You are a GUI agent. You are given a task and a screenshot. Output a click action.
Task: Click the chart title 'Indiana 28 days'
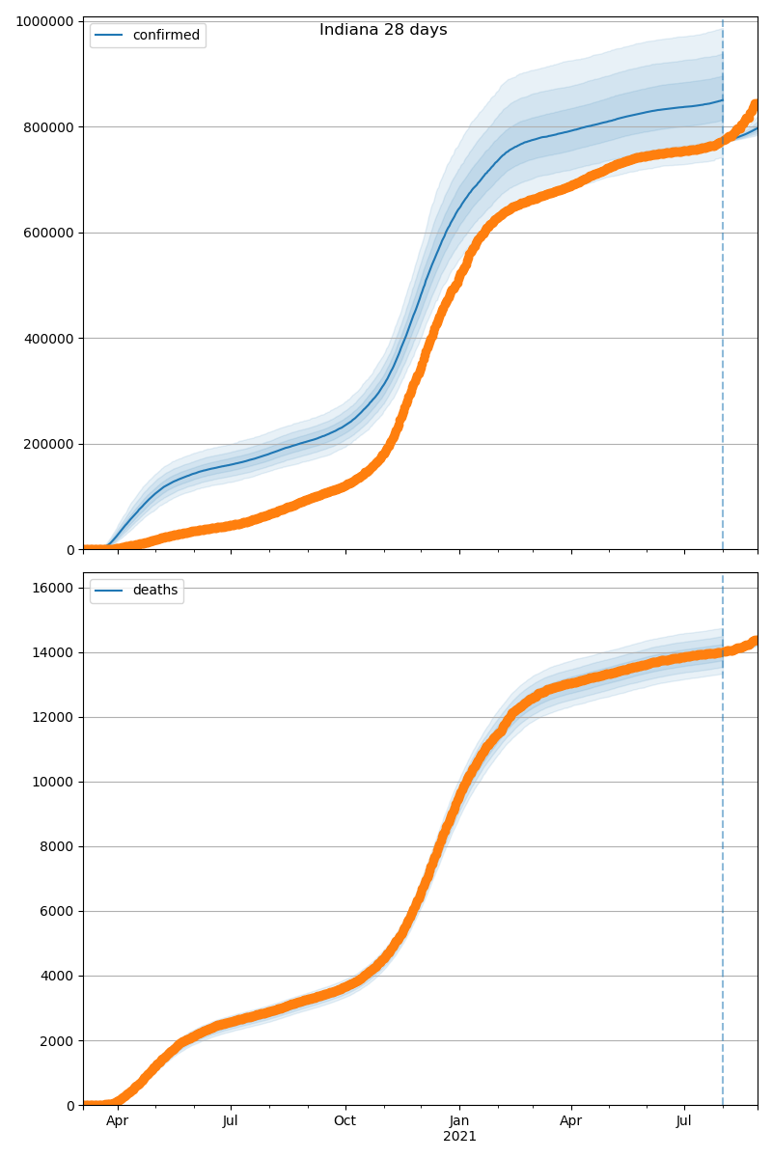383,30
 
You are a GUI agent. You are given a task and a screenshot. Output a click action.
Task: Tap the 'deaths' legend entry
154,591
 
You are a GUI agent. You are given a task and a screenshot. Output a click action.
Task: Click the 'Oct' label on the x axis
345,1121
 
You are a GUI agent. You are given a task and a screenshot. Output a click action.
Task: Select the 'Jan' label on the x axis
459,1121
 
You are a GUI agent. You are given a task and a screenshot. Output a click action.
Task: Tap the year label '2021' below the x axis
459,1137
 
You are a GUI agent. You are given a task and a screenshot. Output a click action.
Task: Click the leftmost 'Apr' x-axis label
118,1121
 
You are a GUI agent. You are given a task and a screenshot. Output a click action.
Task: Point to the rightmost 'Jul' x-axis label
684,1121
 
